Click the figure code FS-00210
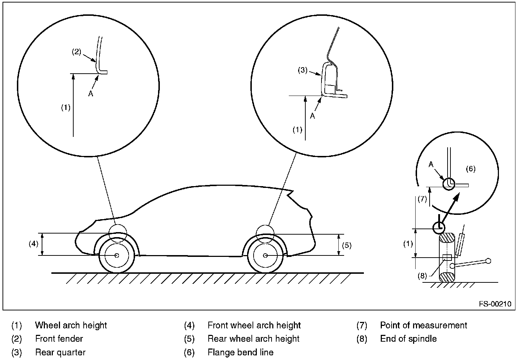[495, 304]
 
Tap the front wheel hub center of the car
[117, 255]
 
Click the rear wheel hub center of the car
[265, 255]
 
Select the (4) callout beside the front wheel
[33, 244]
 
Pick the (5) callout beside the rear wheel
[347, 245]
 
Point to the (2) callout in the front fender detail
[77, 52]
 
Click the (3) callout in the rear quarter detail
[302, 70]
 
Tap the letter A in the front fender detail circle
[91, 94]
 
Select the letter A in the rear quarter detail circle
[313, 116]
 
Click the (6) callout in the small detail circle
[471, 169]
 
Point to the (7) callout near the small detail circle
[422, 199]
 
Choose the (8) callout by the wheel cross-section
[422, 276]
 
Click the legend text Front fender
[59, 339]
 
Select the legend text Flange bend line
[241, 352]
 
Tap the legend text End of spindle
[408, 339]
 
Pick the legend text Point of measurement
[424, 325]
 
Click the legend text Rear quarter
[60, 352]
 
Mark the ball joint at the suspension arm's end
[488, 261]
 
